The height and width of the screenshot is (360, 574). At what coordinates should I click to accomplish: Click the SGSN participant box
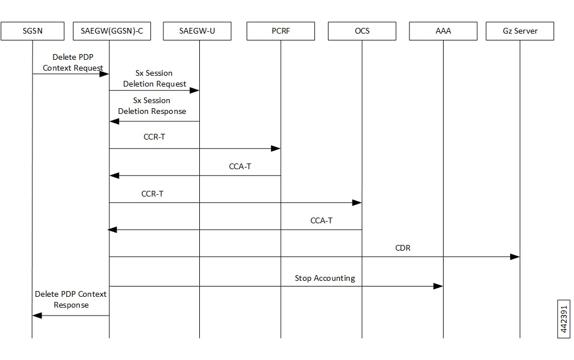point(32,31)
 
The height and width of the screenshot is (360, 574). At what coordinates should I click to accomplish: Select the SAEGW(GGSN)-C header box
point(112,31)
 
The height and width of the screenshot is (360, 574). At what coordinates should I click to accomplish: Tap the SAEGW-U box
point(197,31)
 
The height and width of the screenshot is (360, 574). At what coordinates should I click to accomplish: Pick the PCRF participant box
point(281,31)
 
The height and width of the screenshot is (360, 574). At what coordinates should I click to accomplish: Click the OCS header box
point(362,31)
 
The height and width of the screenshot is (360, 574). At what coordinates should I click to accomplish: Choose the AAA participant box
point(443,31)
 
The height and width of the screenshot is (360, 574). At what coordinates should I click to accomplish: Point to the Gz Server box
point(520,31)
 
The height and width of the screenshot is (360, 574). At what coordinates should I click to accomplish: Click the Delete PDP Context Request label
point(73,62)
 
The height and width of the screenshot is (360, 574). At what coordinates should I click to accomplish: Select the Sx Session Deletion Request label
point(154,79)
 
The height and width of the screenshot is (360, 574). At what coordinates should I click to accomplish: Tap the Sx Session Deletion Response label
point(152,105)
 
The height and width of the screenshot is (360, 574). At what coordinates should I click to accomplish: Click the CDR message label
point(403,248)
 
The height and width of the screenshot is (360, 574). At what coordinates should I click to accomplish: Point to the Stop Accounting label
point(325,279)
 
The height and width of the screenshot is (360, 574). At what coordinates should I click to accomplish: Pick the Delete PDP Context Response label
point(71,299)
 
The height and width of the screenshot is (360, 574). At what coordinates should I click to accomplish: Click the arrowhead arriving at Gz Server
point(515,257)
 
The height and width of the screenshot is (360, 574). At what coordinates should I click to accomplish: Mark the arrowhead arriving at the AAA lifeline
point(438,286)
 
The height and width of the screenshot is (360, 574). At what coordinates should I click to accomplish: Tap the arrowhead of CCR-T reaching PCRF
point(276,148)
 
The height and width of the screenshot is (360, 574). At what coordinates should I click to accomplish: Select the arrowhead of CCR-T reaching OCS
point(357,203)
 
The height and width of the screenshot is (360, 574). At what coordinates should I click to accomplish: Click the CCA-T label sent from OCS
point(321,220)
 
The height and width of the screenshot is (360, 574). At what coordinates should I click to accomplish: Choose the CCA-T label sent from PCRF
point(240,166)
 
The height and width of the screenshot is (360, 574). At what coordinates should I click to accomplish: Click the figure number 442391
point(564,319)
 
